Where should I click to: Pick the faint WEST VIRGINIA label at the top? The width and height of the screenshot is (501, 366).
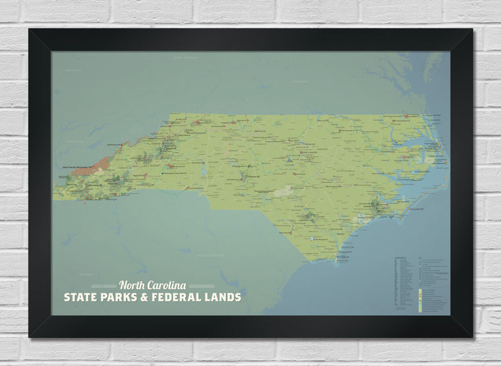tap(187, 58)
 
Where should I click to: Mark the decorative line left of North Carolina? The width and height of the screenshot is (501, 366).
tap(103, 286)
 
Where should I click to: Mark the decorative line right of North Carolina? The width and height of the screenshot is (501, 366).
tap(202, 286)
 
